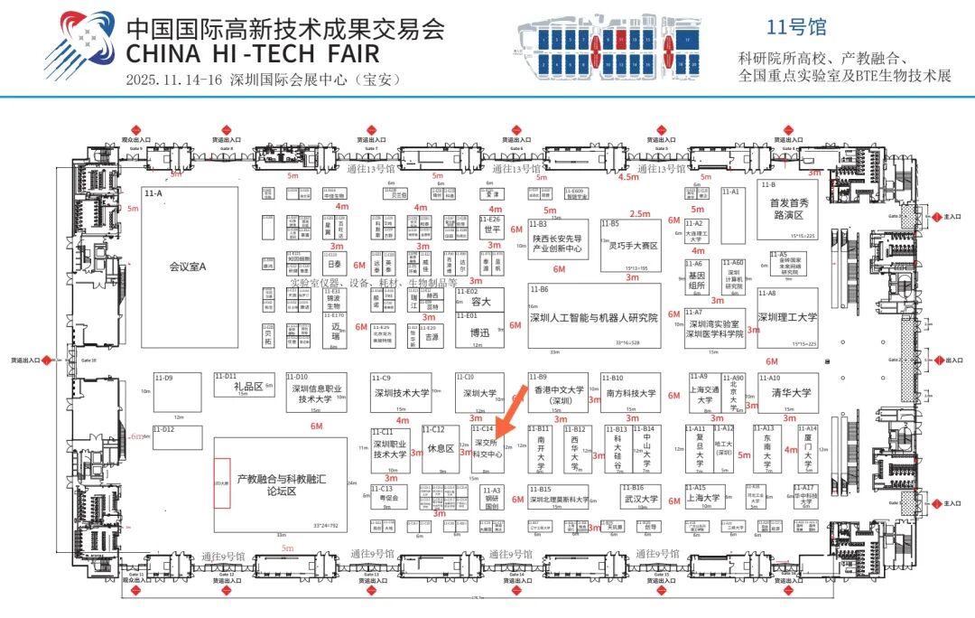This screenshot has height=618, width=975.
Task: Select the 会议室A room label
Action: (188, 267)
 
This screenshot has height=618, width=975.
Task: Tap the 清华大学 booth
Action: (791, 393)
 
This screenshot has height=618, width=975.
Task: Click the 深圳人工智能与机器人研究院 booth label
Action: (593, 318)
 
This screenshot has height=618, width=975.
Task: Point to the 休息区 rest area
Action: (441, 448)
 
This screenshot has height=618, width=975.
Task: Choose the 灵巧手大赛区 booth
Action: (632, 245)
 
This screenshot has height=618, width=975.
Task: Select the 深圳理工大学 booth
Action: (787, 317)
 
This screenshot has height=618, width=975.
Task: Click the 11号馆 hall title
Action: (795, 27)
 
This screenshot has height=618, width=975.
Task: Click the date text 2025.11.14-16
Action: (174, 79)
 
